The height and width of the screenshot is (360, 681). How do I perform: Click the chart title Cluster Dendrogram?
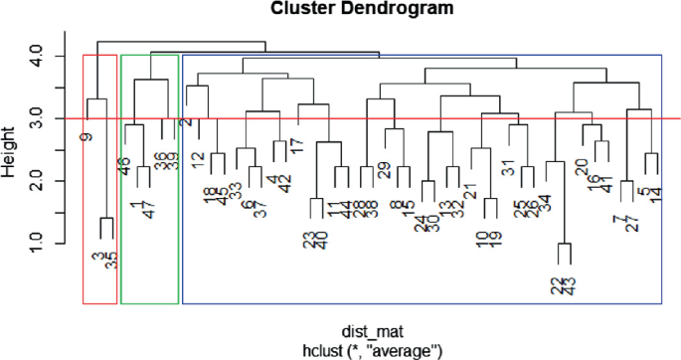pos(340,10)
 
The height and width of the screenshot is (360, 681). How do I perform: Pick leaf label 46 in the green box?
pos(125,165)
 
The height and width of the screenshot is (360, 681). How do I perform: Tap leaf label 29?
pos(384,171)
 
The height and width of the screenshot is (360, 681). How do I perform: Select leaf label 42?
pos(285,184)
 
